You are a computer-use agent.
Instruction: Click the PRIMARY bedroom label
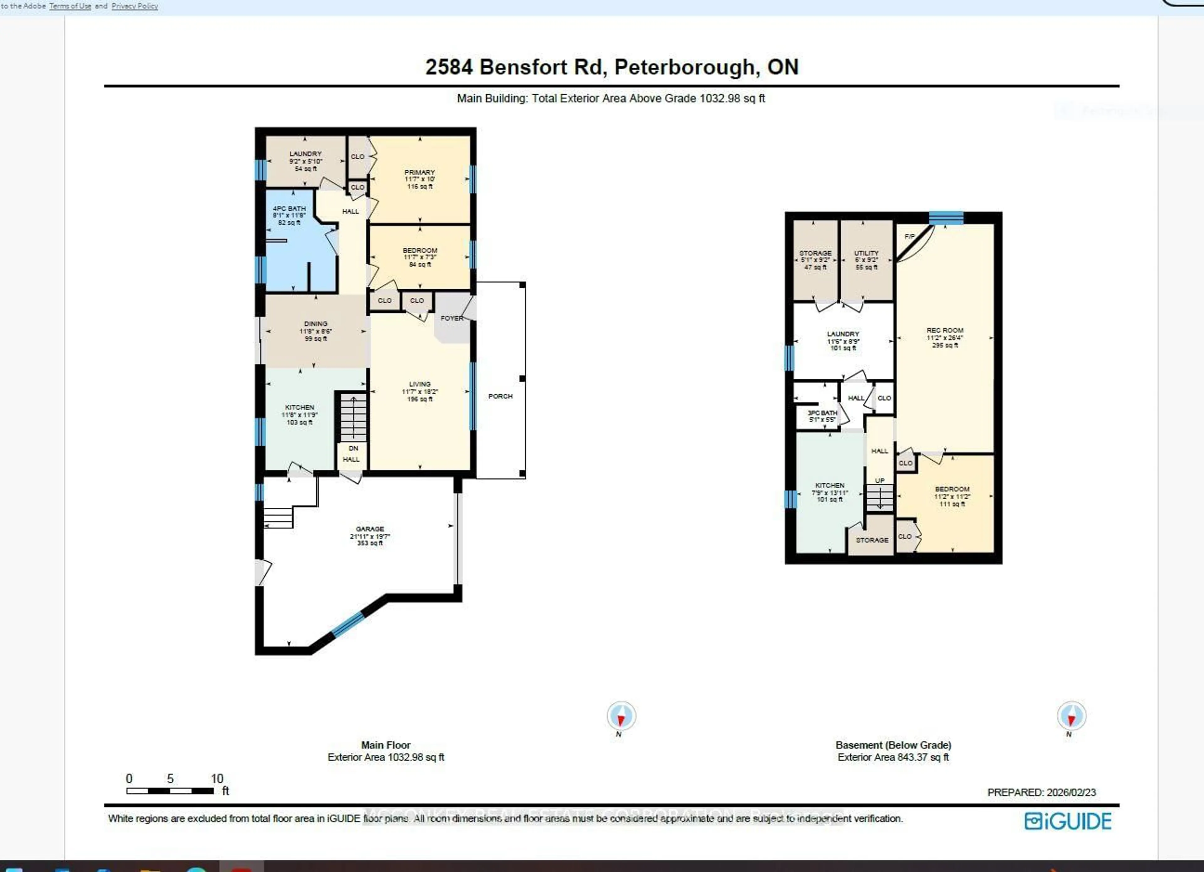(420, 172)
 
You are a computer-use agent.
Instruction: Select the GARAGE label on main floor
(370, 529)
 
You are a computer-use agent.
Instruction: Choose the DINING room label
(315, 324)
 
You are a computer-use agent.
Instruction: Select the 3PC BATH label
(822, 413)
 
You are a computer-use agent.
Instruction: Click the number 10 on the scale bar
(217, 779)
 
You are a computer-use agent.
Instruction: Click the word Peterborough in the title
(684, 67)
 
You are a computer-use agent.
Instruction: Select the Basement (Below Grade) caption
(893, 745)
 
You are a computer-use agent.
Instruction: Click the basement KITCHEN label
(829, 486)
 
